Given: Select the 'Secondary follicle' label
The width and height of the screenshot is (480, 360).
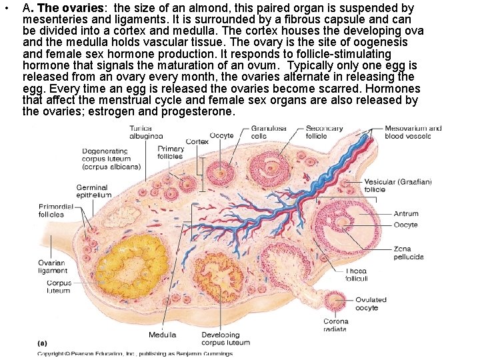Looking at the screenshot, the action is click(325, 132).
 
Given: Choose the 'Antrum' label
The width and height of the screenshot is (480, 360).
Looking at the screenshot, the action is click(406, 214).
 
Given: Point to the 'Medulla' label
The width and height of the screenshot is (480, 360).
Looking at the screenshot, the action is click(163, 335).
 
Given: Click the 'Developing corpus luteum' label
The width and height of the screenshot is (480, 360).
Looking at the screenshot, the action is click(225, 339).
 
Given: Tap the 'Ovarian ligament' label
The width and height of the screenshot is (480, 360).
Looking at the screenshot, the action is click(51, 267).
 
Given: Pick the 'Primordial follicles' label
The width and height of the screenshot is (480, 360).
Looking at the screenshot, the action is click(51, 211).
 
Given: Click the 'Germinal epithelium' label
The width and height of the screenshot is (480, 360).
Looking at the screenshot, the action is click(93, 191).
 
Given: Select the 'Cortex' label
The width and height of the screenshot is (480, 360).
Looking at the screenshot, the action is click(197, 142).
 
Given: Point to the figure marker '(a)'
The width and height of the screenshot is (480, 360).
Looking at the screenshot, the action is click(42, 343).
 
